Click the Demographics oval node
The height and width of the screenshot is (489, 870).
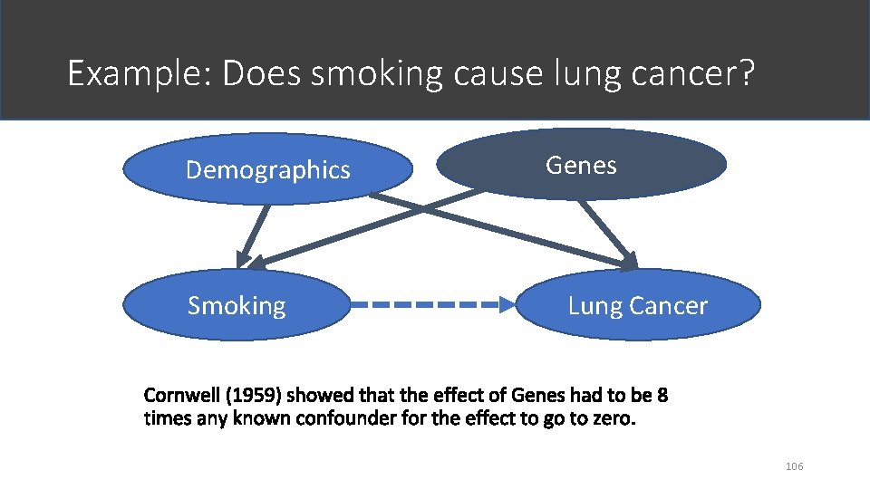click(x=267, y=169)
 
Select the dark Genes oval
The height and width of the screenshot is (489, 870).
click(x=581, y=165)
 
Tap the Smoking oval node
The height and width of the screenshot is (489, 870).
click(x=237, y=306)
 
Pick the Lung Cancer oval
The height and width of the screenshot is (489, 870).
click(x=638, y=306)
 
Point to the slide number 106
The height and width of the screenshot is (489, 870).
click(x=795, y=466)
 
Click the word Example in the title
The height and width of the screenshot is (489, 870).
click(x=136, y=73)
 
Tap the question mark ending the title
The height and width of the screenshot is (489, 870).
click(x=745, y=73)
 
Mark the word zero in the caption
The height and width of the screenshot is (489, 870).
click(x=609, y=419)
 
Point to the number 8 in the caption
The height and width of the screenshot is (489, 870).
click(x=662, y=396)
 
